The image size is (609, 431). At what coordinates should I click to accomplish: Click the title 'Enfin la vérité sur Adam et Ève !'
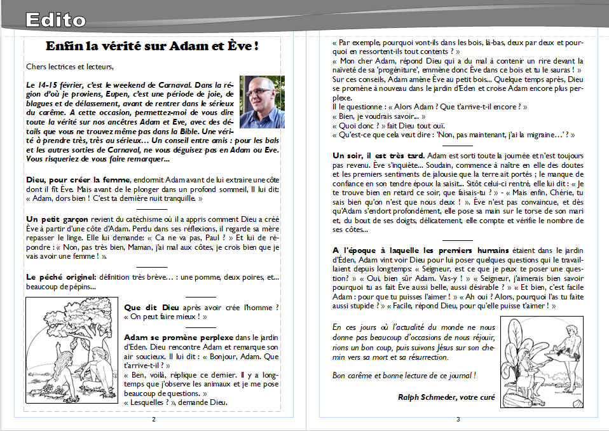click(153, 46)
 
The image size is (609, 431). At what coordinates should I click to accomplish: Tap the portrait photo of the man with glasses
click(262, 102)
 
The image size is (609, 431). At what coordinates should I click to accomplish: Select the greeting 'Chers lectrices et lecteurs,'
click(70, 66)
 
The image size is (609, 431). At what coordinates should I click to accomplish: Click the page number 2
click(153, 420)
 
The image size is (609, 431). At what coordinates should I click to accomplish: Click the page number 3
click(458, 420)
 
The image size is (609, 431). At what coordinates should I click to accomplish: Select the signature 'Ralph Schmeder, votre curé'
click(446, 397)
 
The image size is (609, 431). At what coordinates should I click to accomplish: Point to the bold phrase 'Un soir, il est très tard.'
click(379, 155)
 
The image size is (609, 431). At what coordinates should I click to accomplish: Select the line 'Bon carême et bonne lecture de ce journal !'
click(404, 375)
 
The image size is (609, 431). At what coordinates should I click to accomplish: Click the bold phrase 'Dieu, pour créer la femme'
click(78, 181)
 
